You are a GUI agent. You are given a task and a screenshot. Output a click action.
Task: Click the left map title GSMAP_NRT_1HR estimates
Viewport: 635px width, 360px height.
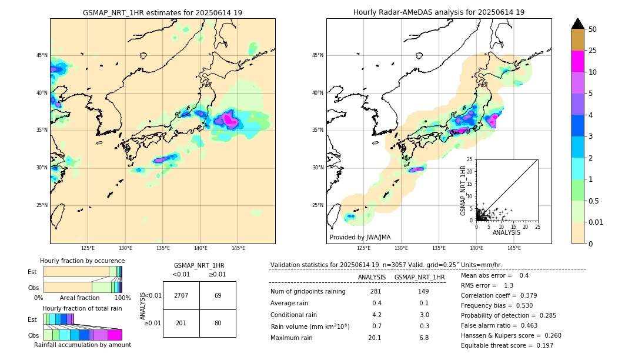pos(162,12)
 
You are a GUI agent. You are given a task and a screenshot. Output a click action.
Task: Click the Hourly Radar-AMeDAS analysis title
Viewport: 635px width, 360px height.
pos(439,12)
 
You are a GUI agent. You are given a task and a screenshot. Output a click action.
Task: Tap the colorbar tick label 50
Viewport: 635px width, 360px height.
pos(593,29)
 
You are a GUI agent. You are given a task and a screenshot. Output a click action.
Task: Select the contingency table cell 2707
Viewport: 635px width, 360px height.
pos(181,295)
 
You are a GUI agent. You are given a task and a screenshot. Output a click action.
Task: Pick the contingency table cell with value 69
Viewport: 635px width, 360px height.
pos(218,295)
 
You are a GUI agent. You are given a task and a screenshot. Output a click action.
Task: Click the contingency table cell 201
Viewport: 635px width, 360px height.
pos(181,323)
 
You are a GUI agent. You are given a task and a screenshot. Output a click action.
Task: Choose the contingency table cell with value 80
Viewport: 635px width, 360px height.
pos(218,323)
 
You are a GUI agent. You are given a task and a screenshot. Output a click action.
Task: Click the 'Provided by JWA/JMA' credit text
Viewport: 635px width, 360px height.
pos(360,238)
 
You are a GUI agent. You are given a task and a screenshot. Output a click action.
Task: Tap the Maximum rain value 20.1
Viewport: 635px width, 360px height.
pos(375,338)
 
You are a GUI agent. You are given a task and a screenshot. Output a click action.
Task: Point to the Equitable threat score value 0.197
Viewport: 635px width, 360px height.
pos(542,345)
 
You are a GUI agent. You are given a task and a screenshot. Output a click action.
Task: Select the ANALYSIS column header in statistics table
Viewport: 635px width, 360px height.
pos(372,277)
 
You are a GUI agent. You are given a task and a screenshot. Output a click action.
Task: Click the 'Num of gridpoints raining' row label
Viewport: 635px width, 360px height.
pos(308,292)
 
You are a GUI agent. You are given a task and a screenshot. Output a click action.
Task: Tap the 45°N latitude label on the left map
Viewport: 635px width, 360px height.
pos(42,55)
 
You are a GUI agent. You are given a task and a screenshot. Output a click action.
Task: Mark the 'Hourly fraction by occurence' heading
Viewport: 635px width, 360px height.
pos(82,261)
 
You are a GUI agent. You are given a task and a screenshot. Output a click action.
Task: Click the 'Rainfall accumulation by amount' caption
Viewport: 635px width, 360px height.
pos(82,345)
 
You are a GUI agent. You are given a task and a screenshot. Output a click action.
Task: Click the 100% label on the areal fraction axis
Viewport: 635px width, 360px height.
pos(122,298)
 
